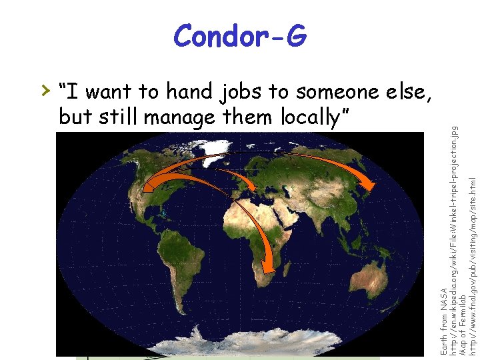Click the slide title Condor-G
pyautogui.click(x=240, y=37)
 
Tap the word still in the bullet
pyautogui.click(x=117, y=117)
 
